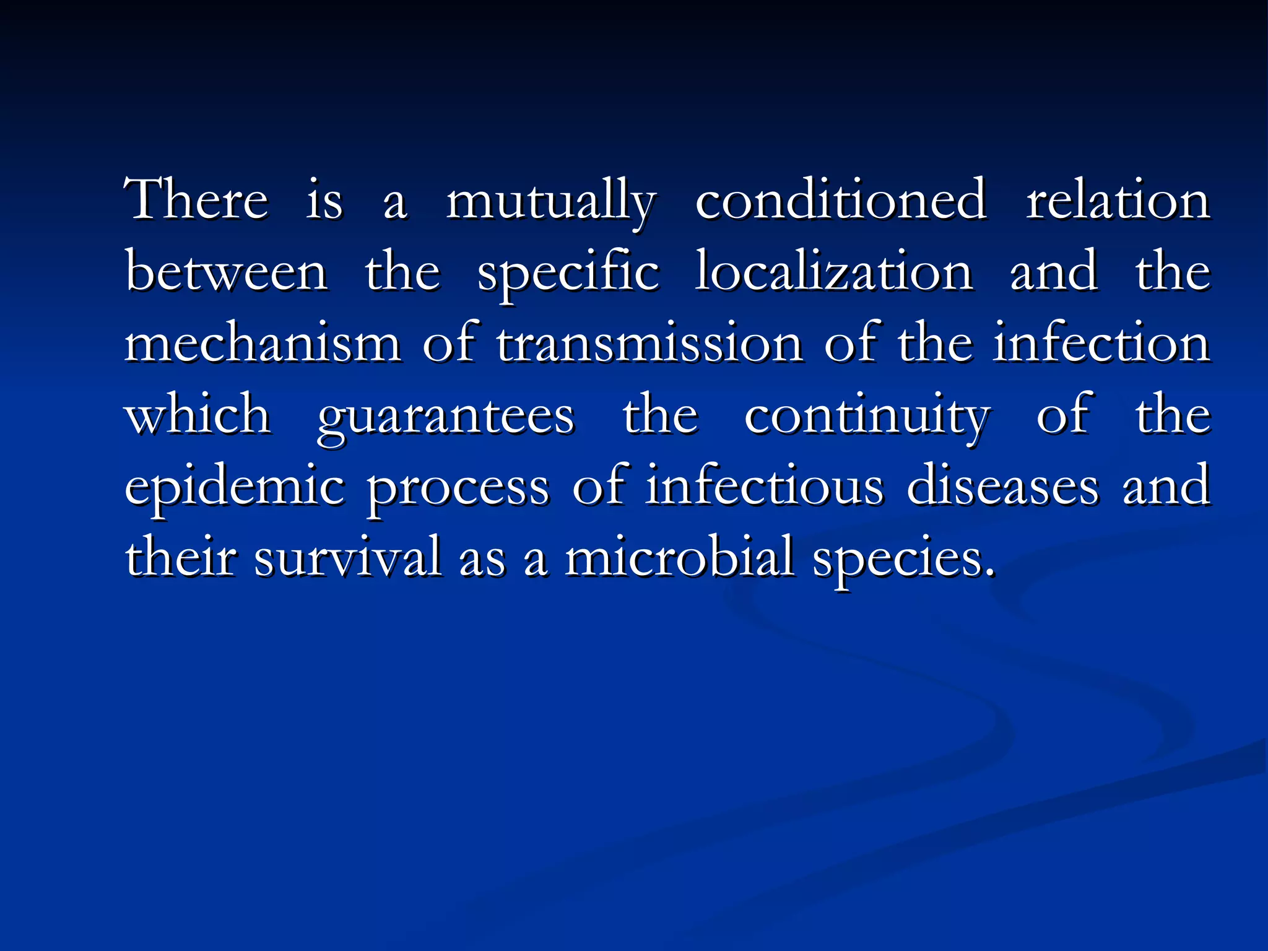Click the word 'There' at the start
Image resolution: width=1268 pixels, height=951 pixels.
coord(196,199)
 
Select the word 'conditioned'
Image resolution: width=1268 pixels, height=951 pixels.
coord(840,199)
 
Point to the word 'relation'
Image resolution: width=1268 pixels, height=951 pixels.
coord(1118,199)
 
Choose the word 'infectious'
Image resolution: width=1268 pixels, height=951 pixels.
coord(765,485)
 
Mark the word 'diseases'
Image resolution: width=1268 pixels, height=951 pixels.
coord(1003,485)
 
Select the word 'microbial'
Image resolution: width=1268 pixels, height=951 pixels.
coord(679,557)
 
